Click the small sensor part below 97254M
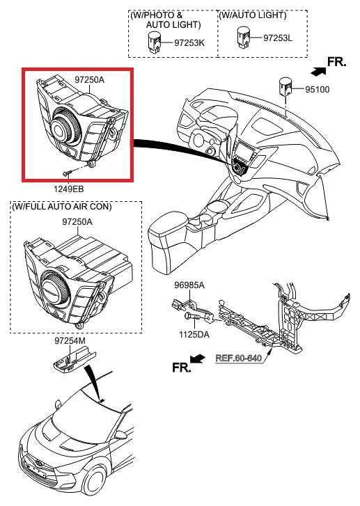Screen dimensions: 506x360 pos(70,360)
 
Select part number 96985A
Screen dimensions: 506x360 pos(189,286)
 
